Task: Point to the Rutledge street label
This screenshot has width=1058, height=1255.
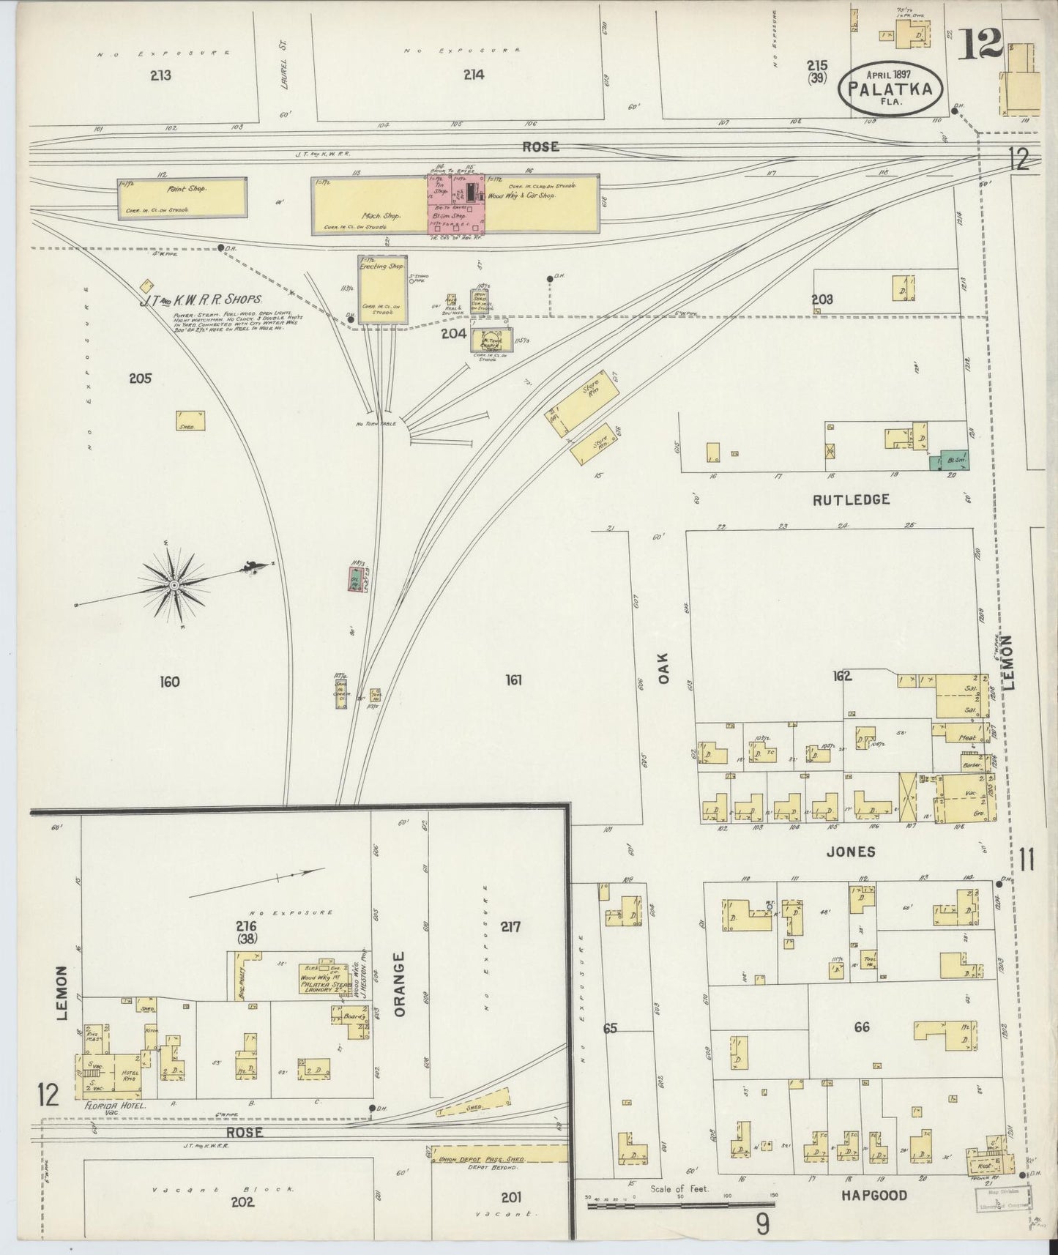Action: click(x=850, y=499)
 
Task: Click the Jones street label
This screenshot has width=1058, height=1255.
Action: click(x=851, y=852)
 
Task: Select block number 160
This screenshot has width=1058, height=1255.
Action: click(x=170, y=682)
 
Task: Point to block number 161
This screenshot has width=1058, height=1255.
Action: click(x=513, y=680)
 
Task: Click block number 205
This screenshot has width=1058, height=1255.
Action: click(x=140, y=379)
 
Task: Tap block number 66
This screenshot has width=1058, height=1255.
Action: click(x=862, y=1027)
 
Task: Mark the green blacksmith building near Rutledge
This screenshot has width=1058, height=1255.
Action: click(x=950, y=461)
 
